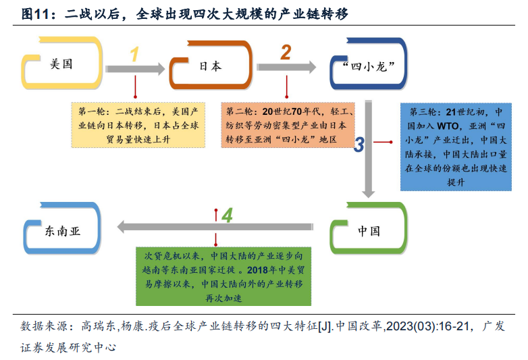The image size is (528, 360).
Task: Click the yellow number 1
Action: click(x=134, y=54)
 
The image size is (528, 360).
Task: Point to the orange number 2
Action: click(x=286, y=53)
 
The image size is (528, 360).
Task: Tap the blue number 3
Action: click(x=359, y=145)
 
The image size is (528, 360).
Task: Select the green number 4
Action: click(x=228, y=215)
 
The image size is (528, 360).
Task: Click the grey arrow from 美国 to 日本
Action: click(x=134, y=69)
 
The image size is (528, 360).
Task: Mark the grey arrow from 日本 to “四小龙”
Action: click(x=286, y=67)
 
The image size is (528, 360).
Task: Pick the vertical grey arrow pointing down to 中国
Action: click(x=369, y=149)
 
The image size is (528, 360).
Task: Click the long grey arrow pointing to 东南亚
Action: click(x=215, y=227)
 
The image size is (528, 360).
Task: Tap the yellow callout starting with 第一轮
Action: click(x=138, y=125)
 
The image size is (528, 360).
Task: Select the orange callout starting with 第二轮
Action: click(x=288, y=125)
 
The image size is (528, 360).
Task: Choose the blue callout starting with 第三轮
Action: click(x=456, y=147)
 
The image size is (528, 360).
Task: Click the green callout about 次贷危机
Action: click(x=223, y=276)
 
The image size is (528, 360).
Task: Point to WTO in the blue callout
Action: click(x=448, y=126)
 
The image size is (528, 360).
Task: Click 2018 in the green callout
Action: click(x=257, y=270)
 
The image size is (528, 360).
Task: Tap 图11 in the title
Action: click(x=35, y=14)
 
